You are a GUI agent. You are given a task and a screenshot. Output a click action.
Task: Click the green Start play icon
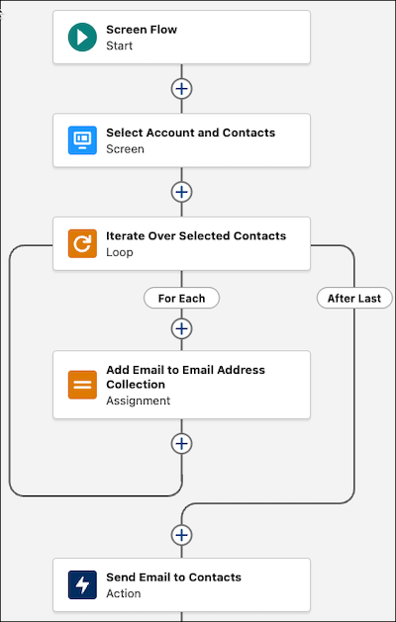(x=82, y=37)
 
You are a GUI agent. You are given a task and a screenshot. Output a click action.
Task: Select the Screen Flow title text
(x=142, y=30)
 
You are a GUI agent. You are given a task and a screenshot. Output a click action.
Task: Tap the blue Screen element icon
(x=82, y=140)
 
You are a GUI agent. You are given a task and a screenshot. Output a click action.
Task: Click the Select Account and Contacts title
(x=191, y=133)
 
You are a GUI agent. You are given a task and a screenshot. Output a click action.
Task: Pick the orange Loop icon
(x=82, y=243)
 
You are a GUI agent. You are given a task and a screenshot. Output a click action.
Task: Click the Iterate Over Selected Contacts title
(x=196, y=235)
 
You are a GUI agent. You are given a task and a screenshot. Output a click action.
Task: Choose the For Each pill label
(x=181, y=299)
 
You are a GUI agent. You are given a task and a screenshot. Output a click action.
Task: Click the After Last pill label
(x=354, y=299)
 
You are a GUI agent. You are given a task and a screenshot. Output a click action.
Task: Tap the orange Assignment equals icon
(x=82, y=385)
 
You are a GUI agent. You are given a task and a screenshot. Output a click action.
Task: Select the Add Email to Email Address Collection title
(x=185, y=377)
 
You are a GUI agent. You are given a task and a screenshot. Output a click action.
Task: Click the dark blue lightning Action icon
(x=82, y=584)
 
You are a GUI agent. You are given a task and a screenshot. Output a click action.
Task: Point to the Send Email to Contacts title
(x=173, y=578)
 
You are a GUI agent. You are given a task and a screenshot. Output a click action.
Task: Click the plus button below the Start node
(x=181, y=89)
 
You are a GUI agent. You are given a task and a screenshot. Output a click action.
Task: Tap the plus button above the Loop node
(x=181, y=192)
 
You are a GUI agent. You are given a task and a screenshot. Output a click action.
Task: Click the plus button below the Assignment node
(x=181, y=443)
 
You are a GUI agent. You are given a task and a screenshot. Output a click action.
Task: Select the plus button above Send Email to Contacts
(x=181, y=535)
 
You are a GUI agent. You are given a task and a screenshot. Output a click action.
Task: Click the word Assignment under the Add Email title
(x=138, y=400)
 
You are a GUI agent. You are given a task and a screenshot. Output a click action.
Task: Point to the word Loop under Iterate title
(x=119, y=252)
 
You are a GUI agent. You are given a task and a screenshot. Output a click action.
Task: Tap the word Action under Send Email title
(x=123, y=593)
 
